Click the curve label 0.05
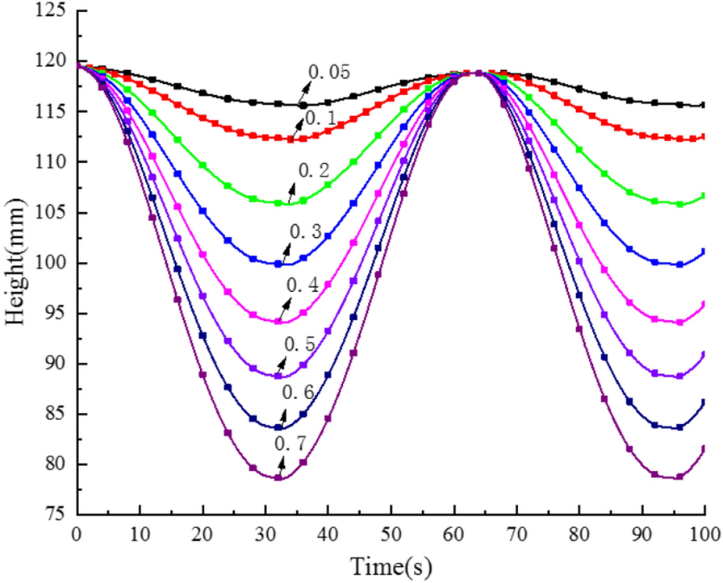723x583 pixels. pos(328,73)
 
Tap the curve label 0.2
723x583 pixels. pos(315,171)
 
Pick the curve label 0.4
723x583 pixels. pos(301,286)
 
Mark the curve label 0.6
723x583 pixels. pos(297,393)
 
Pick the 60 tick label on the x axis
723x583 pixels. pos(453,534)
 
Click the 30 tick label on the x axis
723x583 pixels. pos(265,534)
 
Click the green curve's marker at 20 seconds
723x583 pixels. pos(203,165)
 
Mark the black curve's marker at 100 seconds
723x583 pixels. pos(704,105)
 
